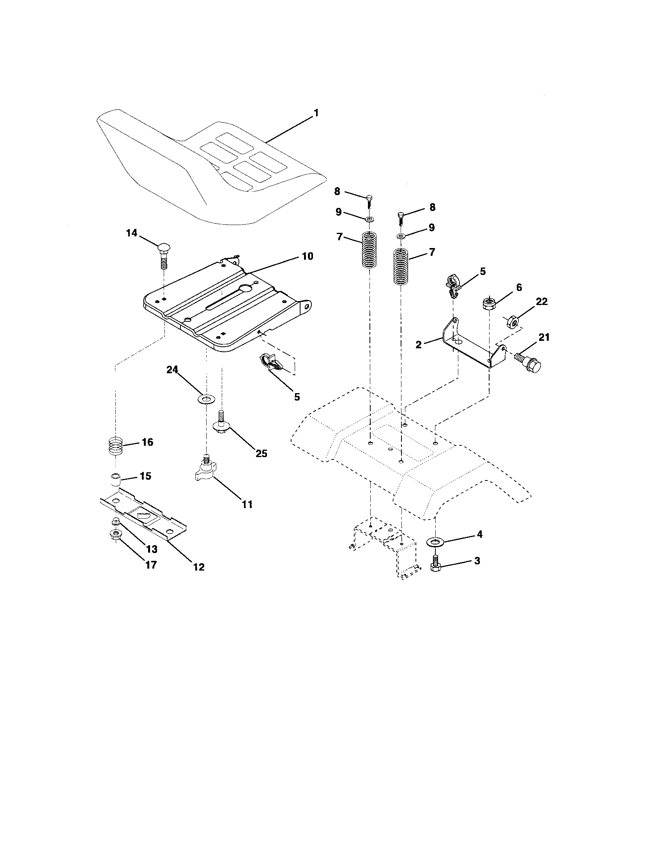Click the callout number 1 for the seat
(316, 113)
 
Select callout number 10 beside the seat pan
(308, 256)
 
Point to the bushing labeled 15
(115, 480)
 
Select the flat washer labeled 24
(205, 400)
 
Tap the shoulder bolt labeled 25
(221, 422)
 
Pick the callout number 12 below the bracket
(199, 567)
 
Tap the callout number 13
(152, 549)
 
